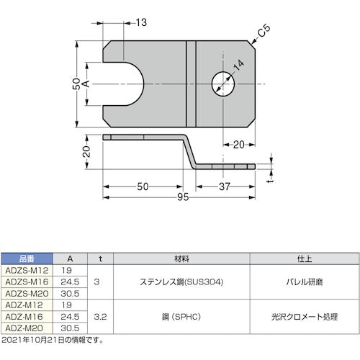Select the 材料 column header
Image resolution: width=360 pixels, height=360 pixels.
pos(181,258)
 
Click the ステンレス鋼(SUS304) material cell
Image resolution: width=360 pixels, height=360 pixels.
pos(181,282)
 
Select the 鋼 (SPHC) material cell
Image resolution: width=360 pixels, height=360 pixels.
pos(181,316)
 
